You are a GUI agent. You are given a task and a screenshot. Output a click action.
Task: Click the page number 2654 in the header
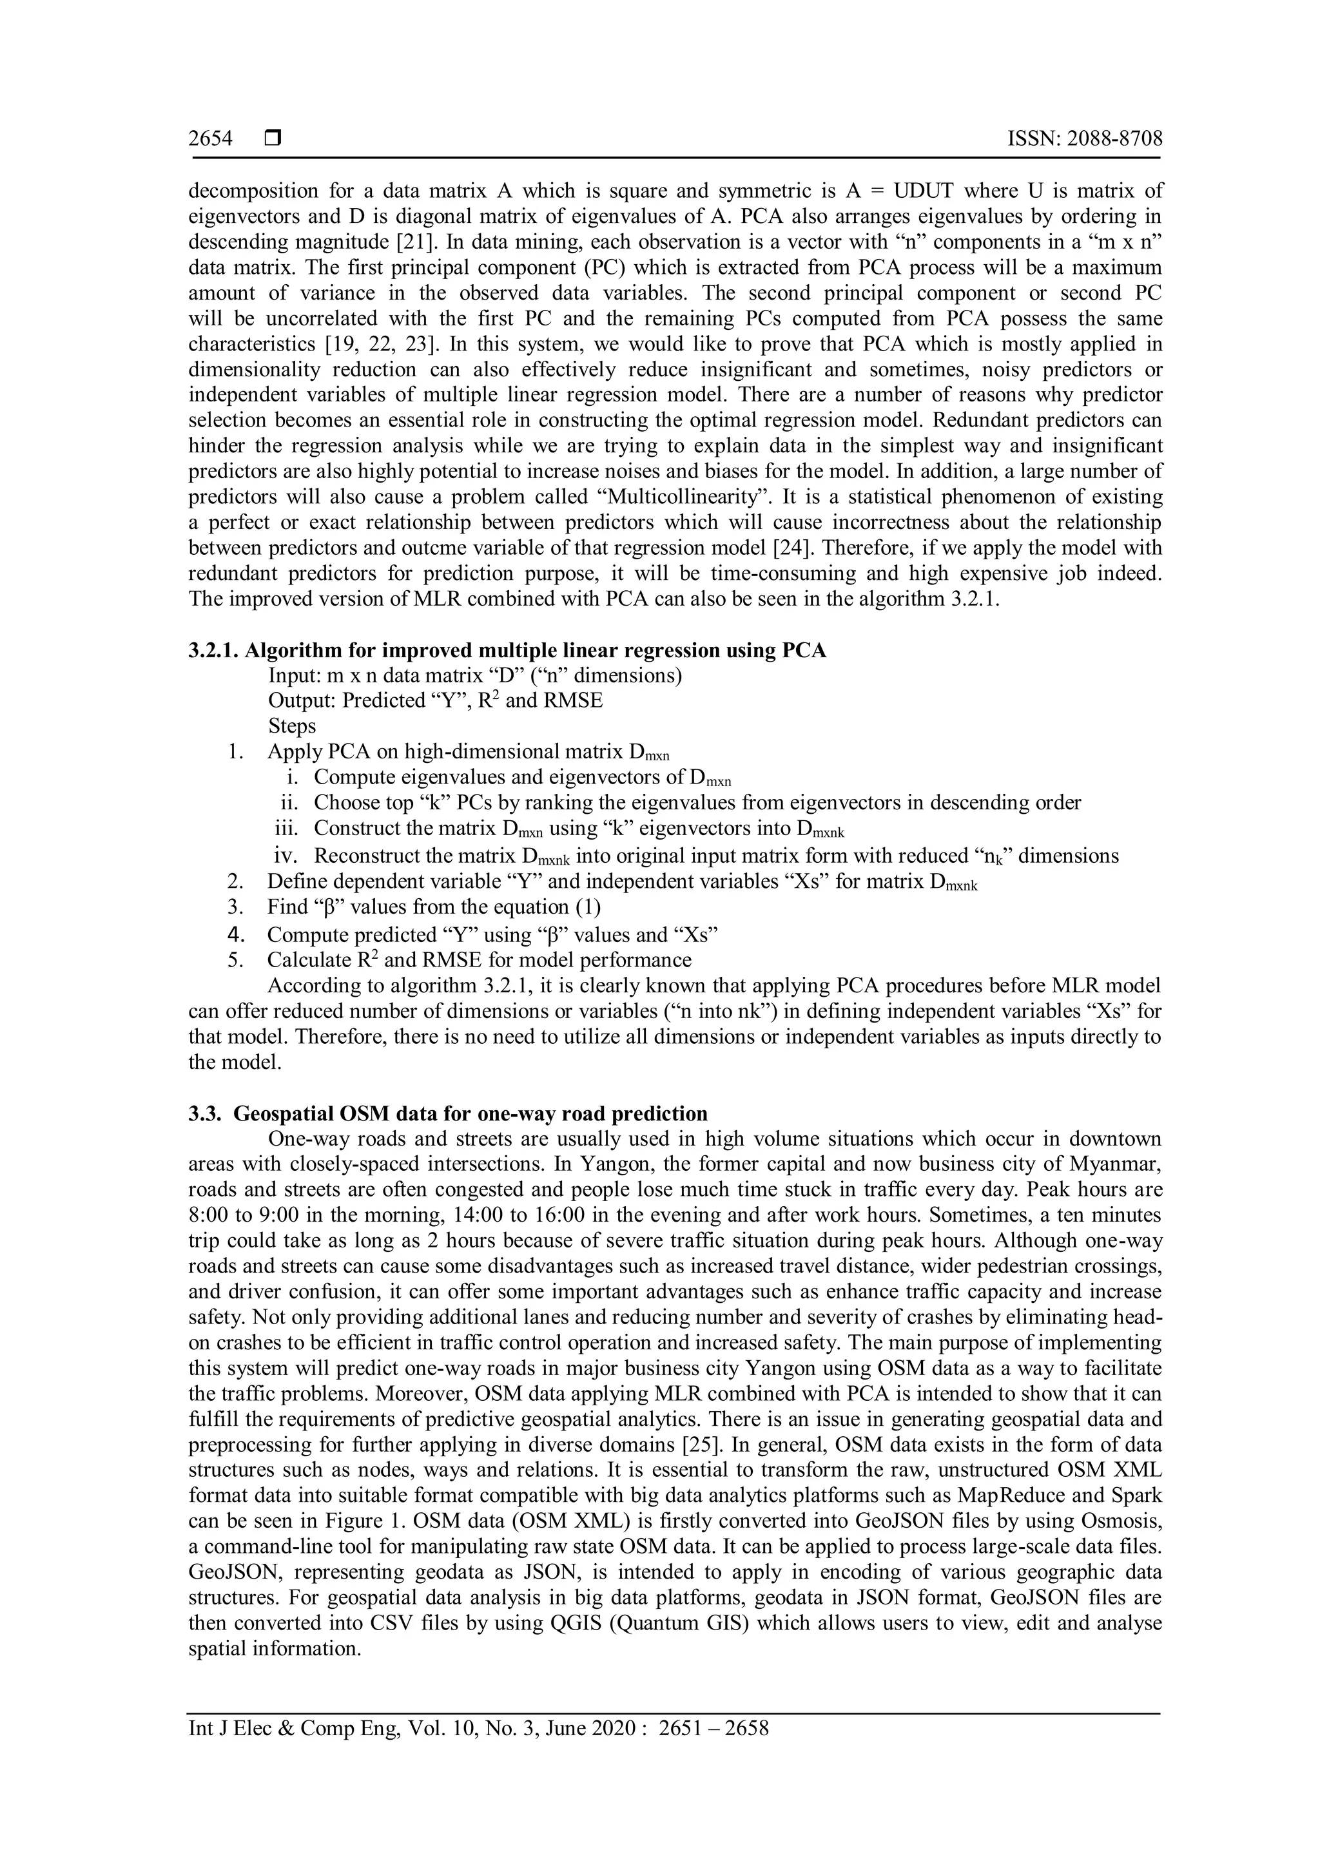click(x=211, y=139)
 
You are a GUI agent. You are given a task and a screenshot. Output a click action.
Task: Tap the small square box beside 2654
click(x=272, y=139)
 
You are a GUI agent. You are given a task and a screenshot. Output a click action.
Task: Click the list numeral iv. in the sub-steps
click(x=286, y=856)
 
